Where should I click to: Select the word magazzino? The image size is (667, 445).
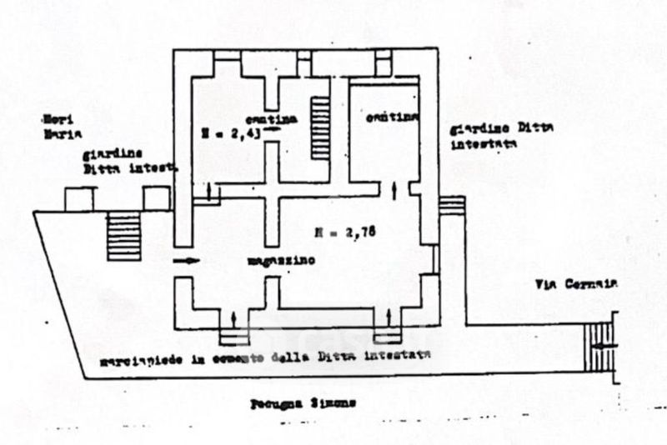tap(279, 261)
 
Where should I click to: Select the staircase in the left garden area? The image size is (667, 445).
tap(124, 236)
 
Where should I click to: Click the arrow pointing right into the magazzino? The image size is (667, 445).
tap(189, 261)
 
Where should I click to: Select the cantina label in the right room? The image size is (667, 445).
tap(390, 118)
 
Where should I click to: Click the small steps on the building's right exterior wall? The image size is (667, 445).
tap(452, 205)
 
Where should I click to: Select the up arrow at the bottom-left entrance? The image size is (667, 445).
tap(233, 317)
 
